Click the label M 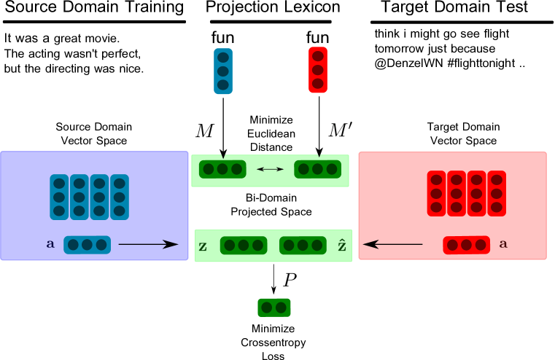[x=205, y=131]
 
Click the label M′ [x=340, y=130]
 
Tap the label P [x=290, y=280]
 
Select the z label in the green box [x=203, y=246]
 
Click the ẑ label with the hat [x=342, y=246]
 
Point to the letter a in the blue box [x=50, y=246]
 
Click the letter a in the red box [x=502, y=246]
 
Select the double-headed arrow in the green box [x=270, y=169]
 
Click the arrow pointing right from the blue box [x=148, y=244]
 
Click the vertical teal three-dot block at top [x=223, y=71]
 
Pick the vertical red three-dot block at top [x=318, y=70]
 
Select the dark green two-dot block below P [x=274, y=308]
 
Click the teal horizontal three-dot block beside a [x=87, y=245]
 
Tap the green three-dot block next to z [x=244, y=246]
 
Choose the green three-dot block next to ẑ [x=303, y=246]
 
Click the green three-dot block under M [x=222, y=169]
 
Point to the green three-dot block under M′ [x=317, y=169]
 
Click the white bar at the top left [x=94, y=22]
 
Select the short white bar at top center [x=271, y=22]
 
